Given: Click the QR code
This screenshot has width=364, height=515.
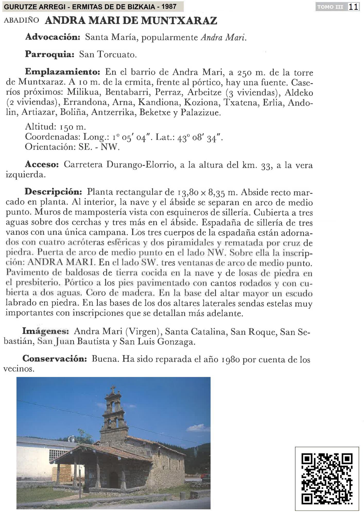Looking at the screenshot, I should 327,479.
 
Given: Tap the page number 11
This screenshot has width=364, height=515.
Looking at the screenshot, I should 353,7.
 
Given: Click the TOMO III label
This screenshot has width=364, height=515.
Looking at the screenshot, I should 330,7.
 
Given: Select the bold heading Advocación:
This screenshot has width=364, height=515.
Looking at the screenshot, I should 53,37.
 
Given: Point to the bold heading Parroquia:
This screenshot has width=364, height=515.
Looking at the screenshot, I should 50,54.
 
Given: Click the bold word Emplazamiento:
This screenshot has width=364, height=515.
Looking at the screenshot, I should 63,72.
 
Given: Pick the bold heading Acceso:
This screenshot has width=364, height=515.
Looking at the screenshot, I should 42,164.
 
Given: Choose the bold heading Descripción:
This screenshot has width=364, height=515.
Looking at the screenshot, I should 53,192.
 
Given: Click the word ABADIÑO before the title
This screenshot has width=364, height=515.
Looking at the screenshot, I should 21,21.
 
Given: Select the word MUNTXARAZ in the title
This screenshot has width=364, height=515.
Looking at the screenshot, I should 179,21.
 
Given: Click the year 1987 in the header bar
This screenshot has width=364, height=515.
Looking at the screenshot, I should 169,6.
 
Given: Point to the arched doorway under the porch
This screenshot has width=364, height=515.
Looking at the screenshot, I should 113,478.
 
